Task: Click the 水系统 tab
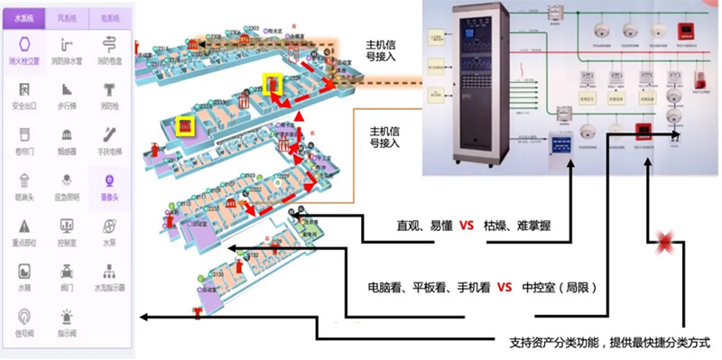[23, 16]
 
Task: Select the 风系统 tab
[67, 16]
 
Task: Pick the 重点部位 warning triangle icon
[24, 228]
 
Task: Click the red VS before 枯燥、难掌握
[467, 226]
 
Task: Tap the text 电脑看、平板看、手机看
[429, 288]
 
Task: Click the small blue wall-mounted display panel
[560, 144]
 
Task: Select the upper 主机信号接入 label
[391, 50]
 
